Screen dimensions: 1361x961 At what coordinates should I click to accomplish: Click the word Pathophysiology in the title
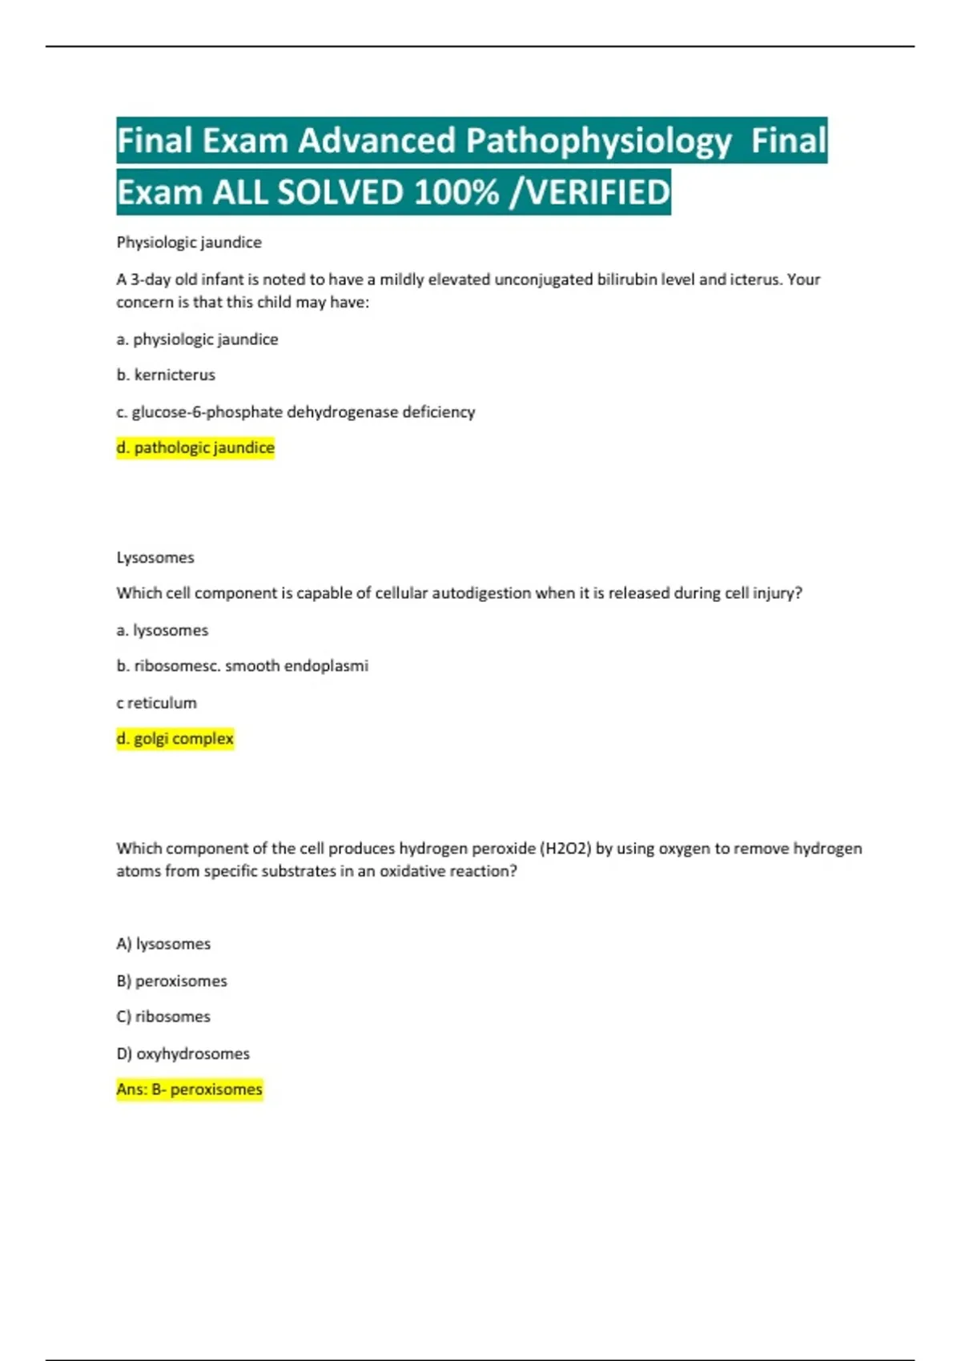[x=598, y=141]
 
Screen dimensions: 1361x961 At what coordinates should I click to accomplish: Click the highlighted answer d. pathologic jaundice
[x=195, y=448]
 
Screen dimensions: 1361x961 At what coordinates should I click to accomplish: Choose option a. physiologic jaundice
[x=197, y=339]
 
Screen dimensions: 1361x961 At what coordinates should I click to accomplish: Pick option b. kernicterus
[x=166, y=375]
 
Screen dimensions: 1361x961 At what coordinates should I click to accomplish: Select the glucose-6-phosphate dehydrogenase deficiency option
[x=296, y=412]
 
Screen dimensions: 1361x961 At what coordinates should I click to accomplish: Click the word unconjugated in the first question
[x=544, y=279]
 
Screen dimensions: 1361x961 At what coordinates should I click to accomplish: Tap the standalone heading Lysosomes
[x=155, y=557]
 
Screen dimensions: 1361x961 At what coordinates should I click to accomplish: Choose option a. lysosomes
[x=162, y=630]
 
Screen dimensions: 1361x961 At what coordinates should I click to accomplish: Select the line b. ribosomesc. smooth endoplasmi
[x=242, y=665]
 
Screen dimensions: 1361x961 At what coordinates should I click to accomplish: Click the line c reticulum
[x=156, y=703]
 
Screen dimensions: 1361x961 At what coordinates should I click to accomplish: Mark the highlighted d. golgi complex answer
[x=175, y=738]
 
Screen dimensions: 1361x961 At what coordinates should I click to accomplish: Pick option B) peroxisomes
[x=171, y=981]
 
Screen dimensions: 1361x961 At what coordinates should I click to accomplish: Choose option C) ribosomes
[x=163, y=1017]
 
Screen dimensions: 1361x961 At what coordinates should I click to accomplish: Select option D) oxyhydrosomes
[x=183, y=1054]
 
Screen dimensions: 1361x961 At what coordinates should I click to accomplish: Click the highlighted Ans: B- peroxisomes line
[x=189, y=1090]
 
